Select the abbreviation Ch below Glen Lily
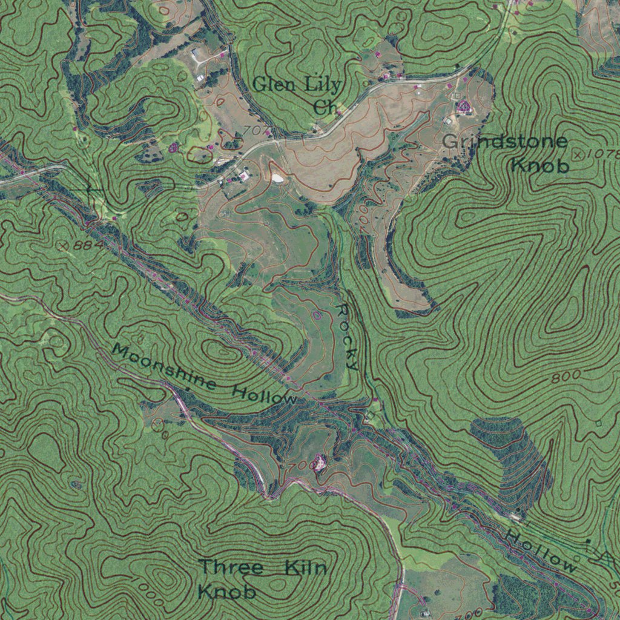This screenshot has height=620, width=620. coord(325,108)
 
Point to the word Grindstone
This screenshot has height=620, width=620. coord(506,142)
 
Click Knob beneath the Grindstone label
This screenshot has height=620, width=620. coord(540,165)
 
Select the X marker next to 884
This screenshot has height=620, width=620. coord(62,245)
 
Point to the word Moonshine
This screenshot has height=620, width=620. coord(165,367)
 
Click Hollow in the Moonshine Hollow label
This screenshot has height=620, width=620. coord(265,395)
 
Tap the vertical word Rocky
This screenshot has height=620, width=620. coord(348,337)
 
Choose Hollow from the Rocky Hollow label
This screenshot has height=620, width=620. coord(541,552)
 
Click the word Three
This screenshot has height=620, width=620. coord(232,568)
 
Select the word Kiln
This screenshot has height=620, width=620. coord(306,568)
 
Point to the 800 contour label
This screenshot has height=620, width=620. coord(566,377)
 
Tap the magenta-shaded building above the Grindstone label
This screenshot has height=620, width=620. coord(464,108)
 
